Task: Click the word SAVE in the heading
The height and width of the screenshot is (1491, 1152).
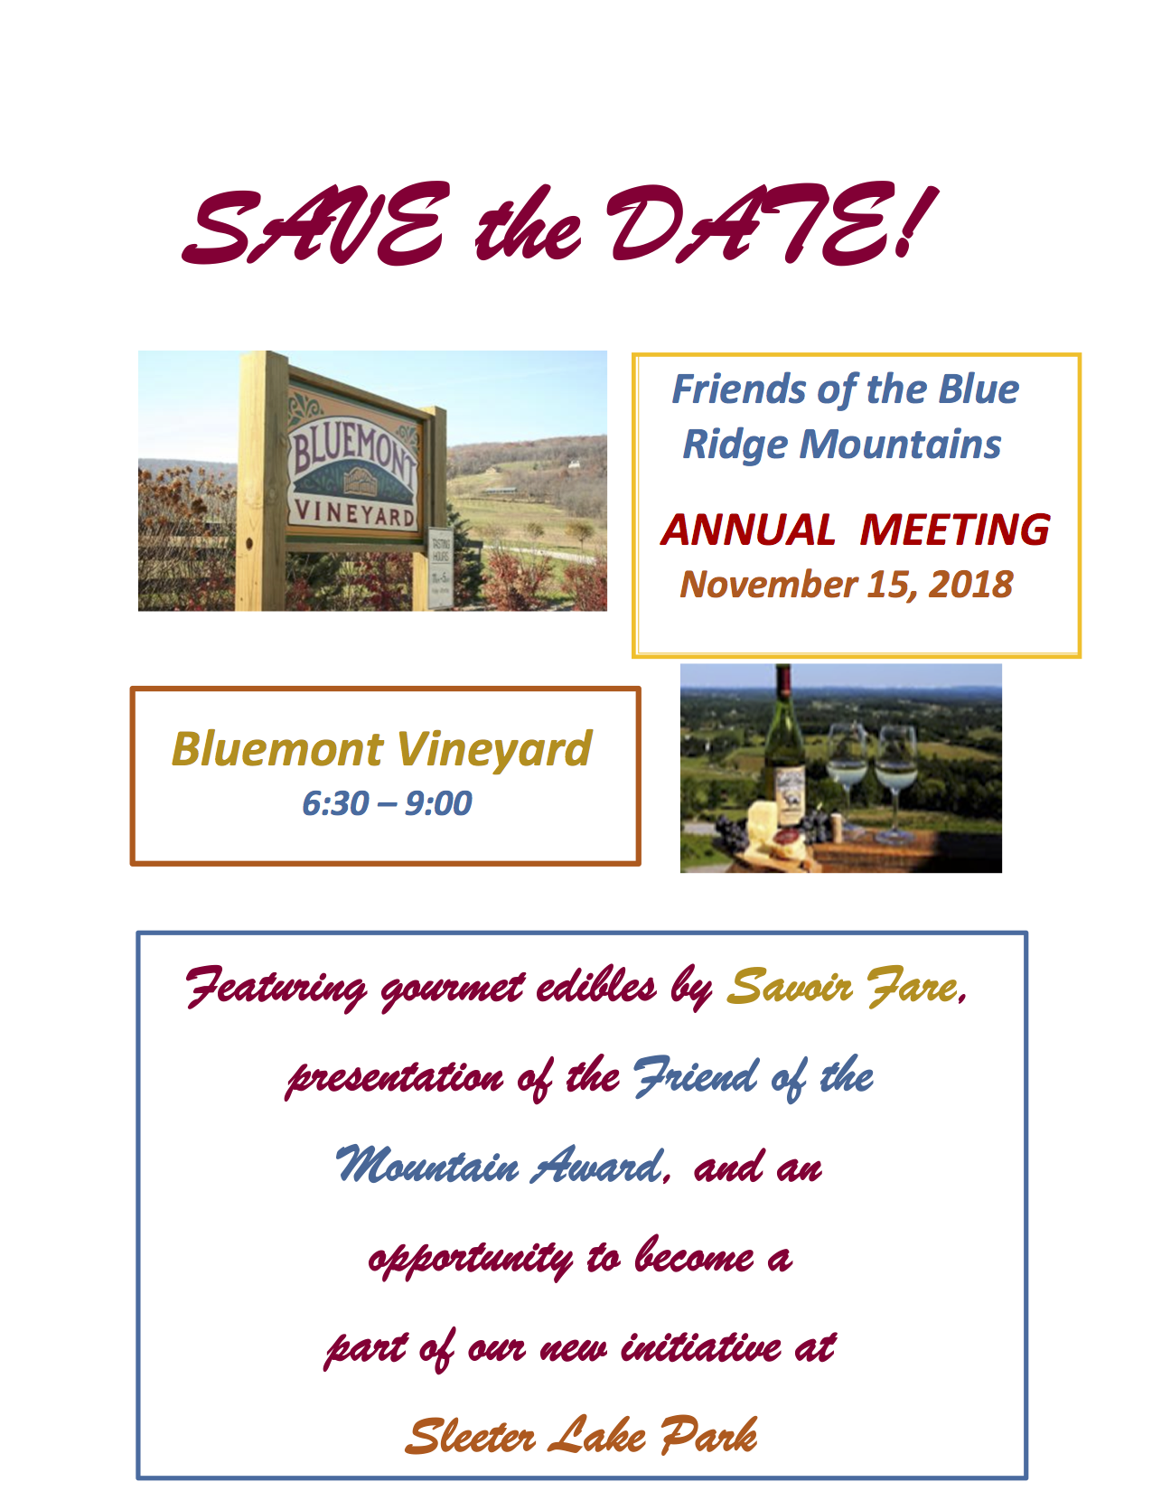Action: pos(313,225)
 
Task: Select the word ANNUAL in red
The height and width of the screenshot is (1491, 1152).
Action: pos(748,530)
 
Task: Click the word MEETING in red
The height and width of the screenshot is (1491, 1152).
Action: pos(954,530)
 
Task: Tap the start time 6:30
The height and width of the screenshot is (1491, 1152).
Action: pos(336,803)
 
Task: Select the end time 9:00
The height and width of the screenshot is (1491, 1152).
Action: pos(438,803)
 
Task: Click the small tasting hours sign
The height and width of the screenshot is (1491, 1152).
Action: pos(440,567)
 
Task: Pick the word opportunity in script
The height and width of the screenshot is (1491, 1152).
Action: pos(471,1260)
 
